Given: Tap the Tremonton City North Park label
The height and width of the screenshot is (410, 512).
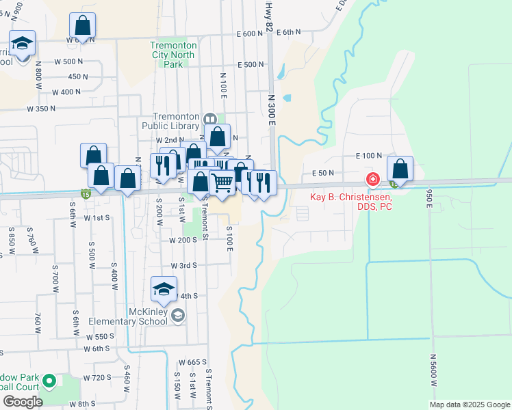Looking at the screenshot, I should tap(174, 55).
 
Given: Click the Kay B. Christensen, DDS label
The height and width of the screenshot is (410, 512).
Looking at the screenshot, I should tap(351, 202).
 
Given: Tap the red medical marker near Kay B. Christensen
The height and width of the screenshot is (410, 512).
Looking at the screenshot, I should tap(373, 180).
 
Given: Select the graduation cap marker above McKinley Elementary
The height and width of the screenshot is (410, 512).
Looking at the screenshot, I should tap(164, 290).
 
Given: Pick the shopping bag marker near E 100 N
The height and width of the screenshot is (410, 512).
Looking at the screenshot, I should tap(400, 169).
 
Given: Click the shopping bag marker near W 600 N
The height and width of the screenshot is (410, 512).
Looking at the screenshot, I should tap(82, 27).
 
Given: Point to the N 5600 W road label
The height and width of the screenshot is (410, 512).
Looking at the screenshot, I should tap(433, 370).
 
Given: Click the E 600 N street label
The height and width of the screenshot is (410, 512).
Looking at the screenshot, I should tap(249, 33).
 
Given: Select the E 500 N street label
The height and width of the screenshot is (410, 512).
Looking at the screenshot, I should tap(250, 65).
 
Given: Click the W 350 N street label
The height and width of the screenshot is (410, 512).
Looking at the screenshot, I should tap(41, 109).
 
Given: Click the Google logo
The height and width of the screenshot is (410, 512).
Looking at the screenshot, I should tap(23, 402).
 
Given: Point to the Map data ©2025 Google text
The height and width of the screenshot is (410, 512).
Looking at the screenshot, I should tap(469, 405).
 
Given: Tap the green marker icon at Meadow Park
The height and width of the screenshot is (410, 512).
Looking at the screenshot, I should tap(49, 381).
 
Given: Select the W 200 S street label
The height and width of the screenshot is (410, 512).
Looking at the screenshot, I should tap(183, 241).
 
